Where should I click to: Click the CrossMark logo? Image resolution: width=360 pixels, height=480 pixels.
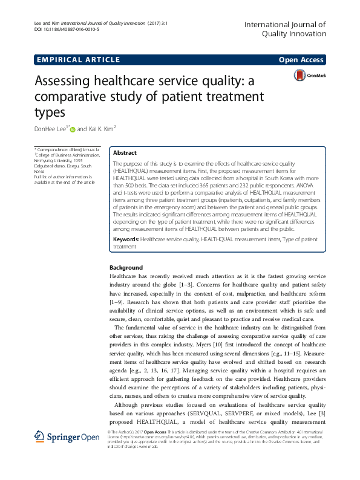tap(309, 75)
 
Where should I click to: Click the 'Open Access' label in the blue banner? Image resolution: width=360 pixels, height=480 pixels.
tap(301, 60)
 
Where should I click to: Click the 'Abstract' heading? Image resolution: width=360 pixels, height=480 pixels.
tap(125, 153)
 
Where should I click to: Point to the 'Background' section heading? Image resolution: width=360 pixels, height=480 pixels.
tap(126, 268)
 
